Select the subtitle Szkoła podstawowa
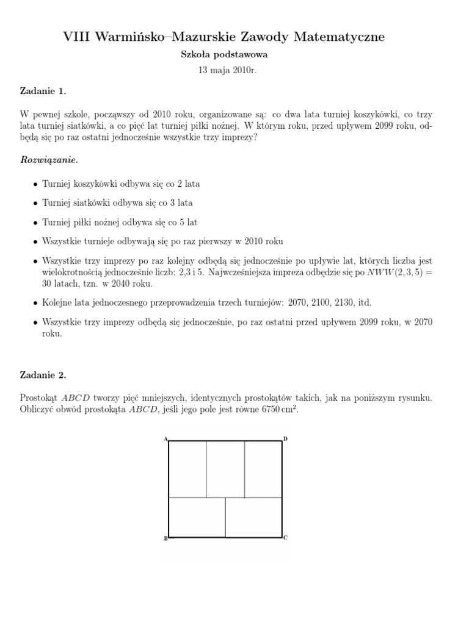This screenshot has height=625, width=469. pos(224,54)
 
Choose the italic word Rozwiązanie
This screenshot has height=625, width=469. pos(49,160)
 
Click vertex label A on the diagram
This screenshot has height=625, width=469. pos(165,438)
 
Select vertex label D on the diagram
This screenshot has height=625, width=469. pos(286,438)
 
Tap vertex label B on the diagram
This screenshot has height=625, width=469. pos(165,538)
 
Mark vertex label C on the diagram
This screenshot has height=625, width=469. pos(286,538)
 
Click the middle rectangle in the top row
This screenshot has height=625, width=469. pos(225,469)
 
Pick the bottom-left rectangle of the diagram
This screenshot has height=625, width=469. pos(197,518)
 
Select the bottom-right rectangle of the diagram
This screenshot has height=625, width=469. pos(253,518)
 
